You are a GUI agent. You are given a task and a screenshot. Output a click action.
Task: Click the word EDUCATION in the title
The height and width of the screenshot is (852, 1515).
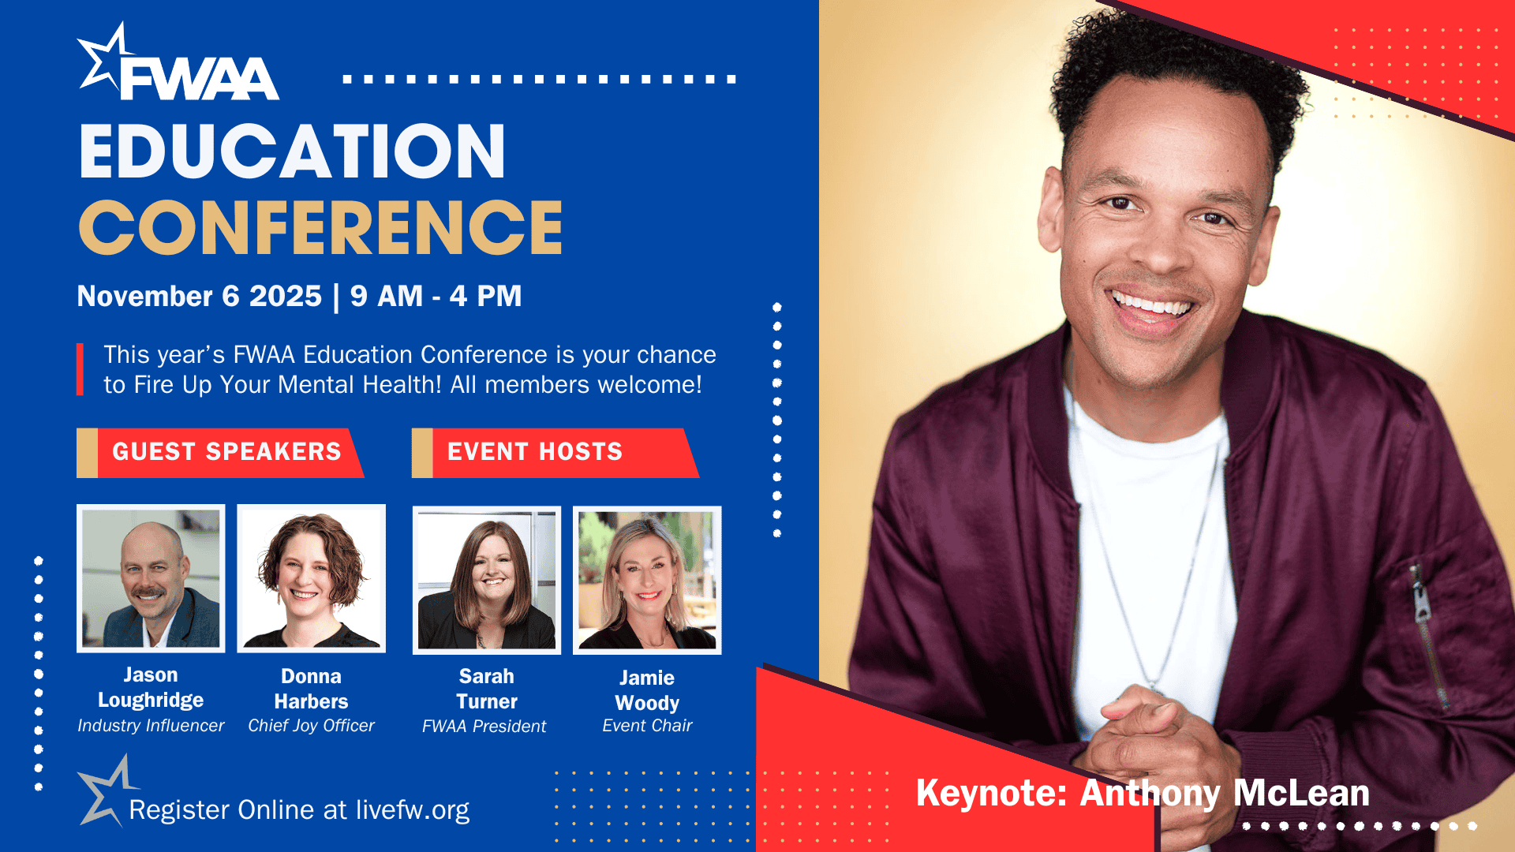tap(292, 151)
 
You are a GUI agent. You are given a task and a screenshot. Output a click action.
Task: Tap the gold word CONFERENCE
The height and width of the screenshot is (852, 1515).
tap(320, 227)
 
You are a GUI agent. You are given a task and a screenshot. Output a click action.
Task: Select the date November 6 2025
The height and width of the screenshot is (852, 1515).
tap(200, 296)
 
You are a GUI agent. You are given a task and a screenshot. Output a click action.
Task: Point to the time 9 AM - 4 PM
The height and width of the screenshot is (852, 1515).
tap(436, 296)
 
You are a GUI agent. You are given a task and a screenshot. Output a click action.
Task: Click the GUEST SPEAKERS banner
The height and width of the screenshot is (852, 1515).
tap(220, 452)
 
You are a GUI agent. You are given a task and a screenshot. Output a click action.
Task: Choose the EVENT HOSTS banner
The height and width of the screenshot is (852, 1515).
tap(555, 452)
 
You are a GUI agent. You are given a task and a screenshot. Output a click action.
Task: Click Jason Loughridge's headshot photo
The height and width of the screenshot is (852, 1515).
tap(151, 578)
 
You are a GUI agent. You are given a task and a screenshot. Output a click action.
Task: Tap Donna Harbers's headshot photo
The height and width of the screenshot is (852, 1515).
tap(312, 578)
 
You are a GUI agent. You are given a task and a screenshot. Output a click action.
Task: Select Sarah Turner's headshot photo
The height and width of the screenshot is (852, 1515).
tap(487, 580)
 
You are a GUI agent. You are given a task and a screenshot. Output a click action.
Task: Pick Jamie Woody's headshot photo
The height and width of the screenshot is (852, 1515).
tap(647, 580)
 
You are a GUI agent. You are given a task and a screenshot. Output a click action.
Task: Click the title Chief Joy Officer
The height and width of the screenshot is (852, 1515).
tap(311, 726)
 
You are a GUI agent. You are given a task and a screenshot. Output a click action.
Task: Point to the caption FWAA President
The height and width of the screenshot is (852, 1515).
tap(484, 727)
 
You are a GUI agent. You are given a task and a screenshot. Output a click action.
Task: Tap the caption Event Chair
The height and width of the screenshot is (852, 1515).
tap(647, 726)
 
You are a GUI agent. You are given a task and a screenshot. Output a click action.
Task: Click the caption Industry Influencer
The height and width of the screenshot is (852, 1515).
tap(151, 726)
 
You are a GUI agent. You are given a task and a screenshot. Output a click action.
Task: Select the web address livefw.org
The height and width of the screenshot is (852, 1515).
tap(412, 810)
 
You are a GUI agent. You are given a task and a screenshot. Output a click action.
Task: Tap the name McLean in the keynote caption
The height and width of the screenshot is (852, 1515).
tap(1301, 793)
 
